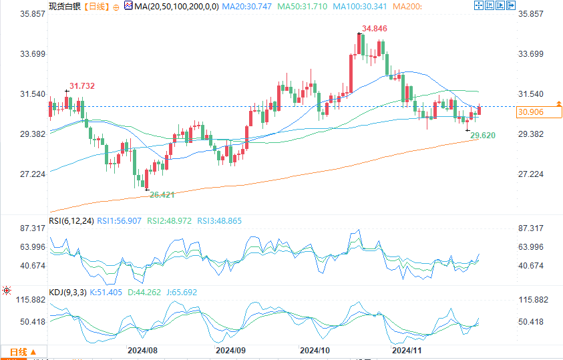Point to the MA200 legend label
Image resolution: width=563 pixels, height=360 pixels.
[407, 7]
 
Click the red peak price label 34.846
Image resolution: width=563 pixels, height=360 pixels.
[375, 29]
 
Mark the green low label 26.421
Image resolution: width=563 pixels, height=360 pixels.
[162, 194]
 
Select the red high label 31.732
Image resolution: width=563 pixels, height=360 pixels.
[82, 85]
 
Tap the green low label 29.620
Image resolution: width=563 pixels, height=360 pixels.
[483, 136]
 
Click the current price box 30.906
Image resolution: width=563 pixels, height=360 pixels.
[531, 112]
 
